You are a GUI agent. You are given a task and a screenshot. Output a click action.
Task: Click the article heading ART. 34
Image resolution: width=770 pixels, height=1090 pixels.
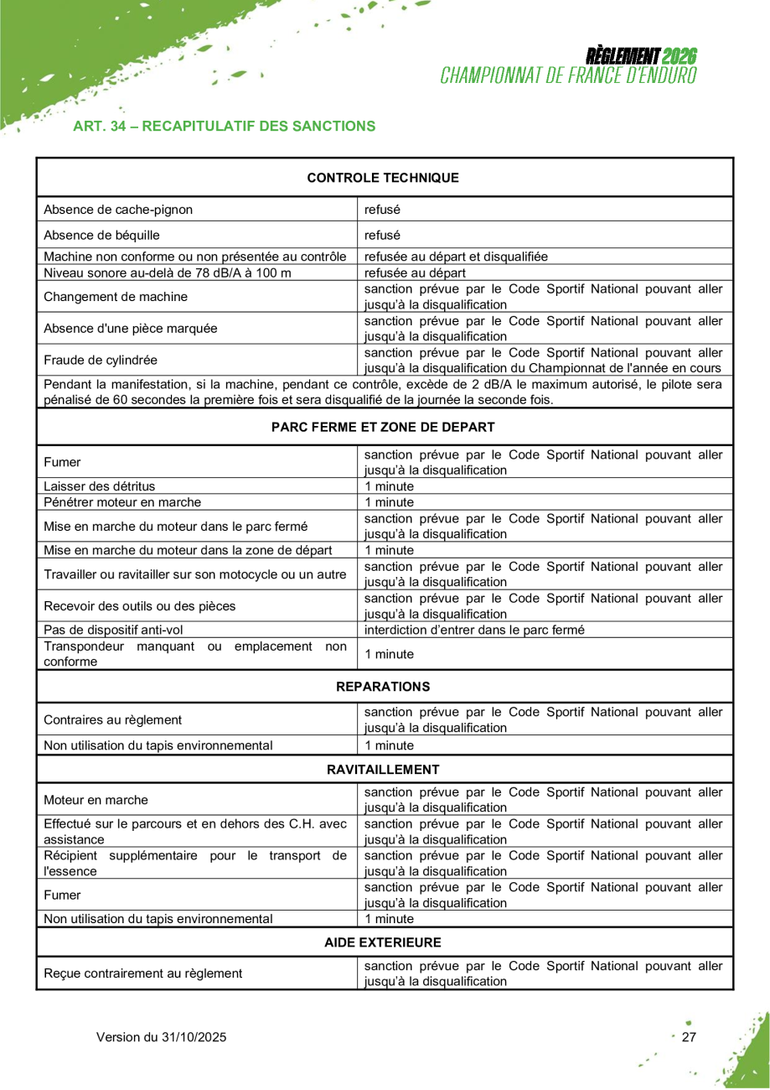pos(224,127)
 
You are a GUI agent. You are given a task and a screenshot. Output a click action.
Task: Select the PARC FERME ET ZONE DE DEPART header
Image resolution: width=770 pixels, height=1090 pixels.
pos(383,428)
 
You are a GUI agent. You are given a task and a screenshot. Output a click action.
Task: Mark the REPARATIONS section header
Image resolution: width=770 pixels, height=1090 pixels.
pos(383,687)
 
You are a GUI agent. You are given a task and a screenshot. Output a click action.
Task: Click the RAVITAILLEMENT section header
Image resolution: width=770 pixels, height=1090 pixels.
pos(383,770)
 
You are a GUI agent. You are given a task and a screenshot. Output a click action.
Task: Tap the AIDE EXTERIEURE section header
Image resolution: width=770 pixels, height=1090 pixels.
pos(383,943)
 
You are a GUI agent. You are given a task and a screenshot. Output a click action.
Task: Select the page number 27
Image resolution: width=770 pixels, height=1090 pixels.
pos(689,1037)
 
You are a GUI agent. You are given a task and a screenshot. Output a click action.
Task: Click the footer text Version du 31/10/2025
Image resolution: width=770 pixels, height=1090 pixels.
pos(162,1037)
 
